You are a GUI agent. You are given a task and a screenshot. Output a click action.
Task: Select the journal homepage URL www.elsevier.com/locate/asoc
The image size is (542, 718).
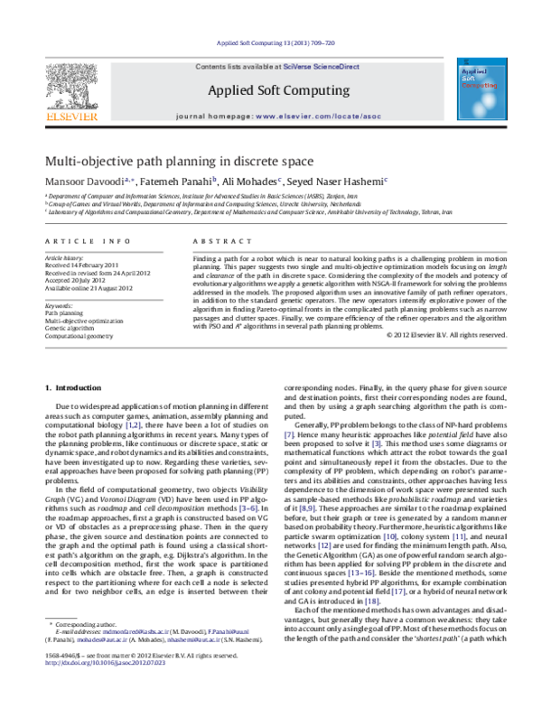coord(315,117)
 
